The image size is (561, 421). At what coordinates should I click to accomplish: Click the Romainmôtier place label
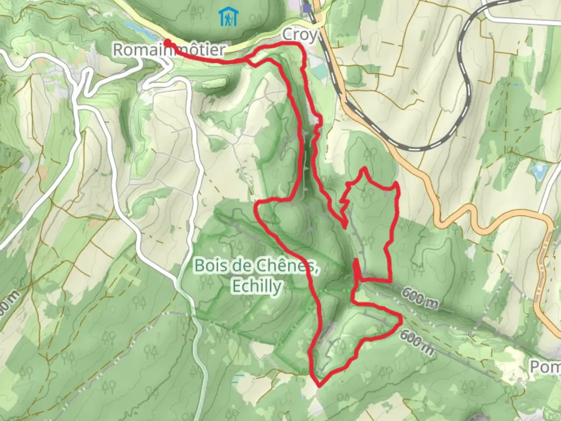point(169,50)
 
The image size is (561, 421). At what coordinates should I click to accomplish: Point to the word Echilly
point(256,287)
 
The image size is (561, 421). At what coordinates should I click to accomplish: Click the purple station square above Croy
point(308,8)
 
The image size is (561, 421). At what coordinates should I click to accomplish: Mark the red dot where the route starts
point(167,42)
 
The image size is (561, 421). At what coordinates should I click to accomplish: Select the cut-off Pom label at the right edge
point(545,367)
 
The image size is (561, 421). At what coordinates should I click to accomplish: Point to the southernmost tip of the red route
point(319,386)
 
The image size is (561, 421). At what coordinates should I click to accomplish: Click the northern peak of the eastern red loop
point(364,168)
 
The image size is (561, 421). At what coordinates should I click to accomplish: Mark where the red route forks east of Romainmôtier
point(247,60)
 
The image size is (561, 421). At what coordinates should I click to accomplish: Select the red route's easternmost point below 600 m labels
point(401,322)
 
